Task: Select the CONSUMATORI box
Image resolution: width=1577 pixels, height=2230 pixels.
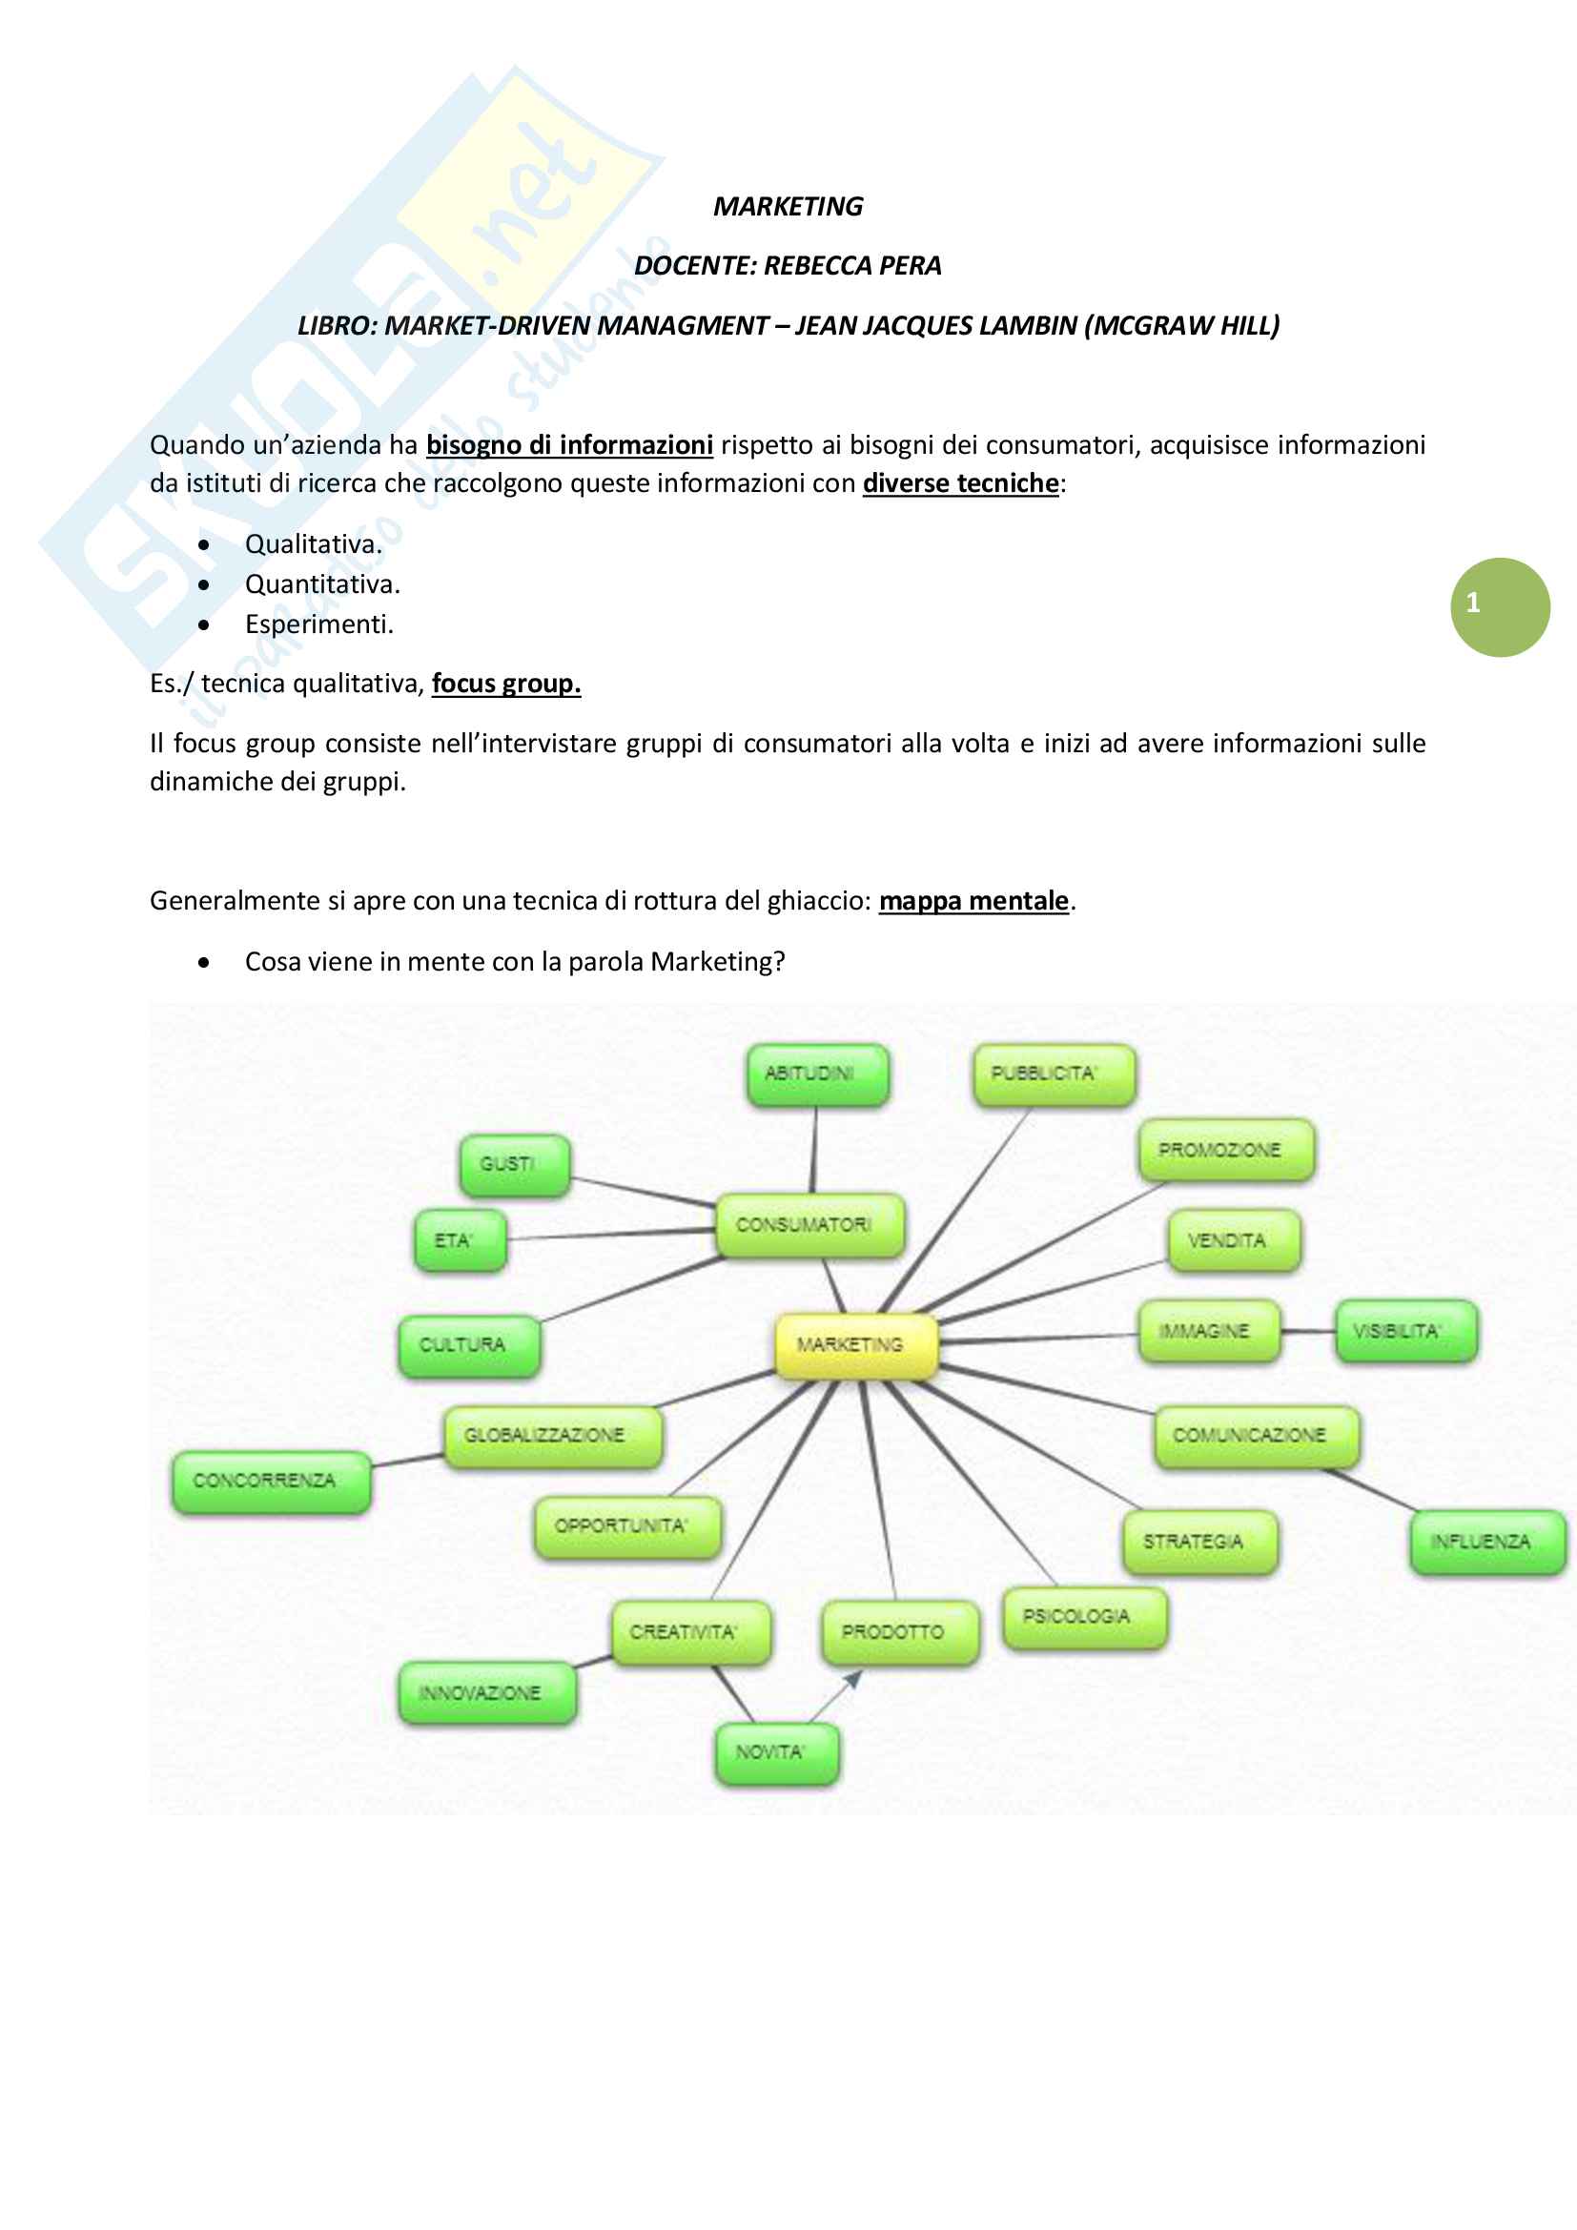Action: [x=809, y=1225]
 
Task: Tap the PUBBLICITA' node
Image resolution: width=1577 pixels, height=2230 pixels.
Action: [x=1054, y=1074]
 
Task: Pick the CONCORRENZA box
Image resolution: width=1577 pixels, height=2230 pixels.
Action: [x=271, y=1481]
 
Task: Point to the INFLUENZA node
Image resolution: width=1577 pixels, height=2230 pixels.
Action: [x=1486, y=1542]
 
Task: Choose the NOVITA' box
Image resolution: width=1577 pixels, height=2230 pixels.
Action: [x=777, y=1752]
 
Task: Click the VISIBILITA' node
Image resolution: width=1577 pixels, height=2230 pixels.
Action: [x=1405, y=1331]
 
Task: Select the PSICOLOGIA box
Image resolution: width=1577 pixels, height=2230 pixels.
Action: [x=1084, y=1616]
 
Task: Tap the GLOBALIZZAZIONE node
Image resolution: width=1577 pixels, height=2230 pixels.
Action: [x=553, y=1436]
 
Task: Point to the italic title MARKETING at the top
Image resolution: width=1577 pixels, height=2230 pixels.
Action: [x=788, y=207]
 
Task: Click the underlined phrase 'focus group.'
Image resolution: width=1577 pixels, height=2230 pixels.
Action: [x=506, y=684]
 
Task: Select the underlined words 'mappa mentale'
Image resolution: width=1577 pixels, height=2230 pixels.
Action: [x=973, y=901]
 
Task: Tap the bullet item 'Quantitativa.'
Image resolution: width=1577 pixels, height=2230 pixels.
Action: [x=322, y=584]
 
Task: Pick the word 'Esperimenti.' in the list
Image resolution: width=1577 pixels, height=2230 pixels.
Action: [x=319, y=624]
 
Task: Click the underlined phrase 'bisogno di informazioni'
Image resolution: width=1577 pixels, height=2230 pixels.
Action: [x=569, y=445]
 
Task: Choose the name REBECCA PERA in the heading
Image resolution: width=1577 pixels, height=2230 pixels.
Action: [x=851, y=266]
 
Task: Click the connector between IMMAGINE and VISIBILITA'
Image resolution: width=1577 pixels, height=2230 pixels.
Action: [x=1307, y=1331]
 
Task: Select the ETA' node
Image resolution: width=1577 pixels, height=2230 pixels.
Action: [x=460, y=1240]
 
